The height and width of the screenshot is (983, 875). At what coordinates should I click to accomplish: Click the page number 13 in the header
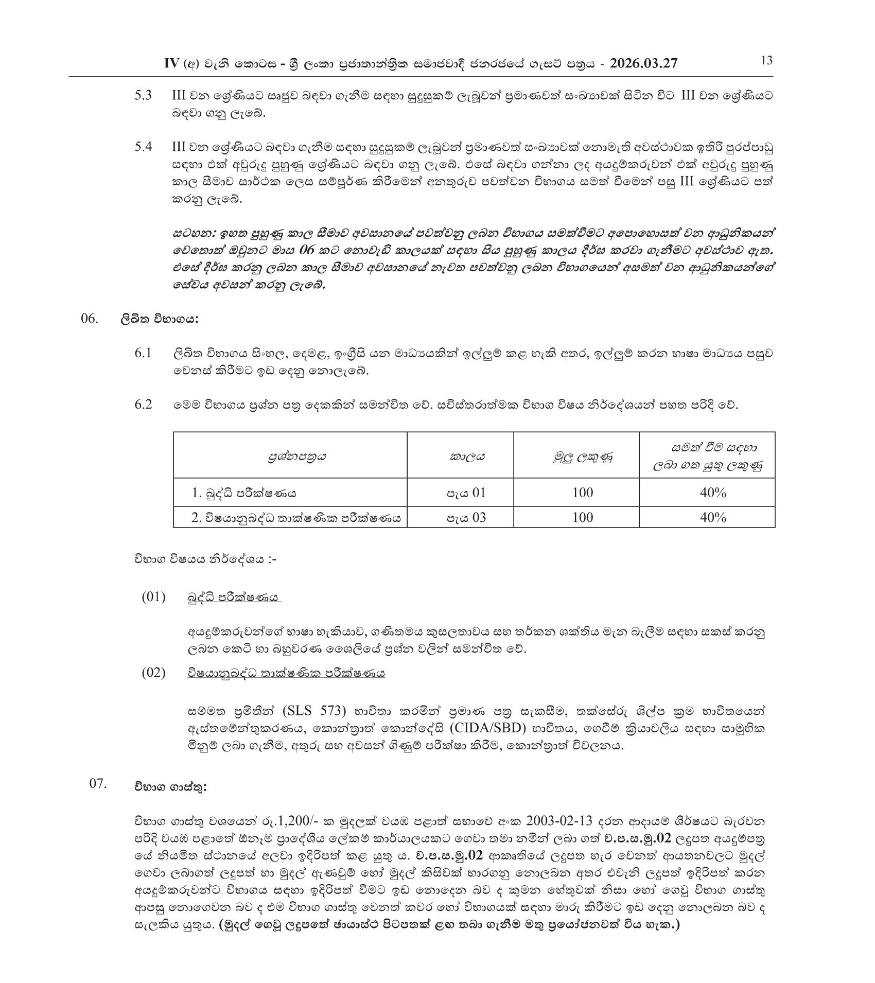(x=766, y=61)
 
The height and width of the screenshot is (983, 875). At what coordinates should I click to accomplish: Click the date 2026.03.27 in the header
(x=643, y=63)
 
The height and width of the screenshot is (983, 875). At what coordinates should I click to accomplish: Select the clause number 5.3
(x=143, y=96)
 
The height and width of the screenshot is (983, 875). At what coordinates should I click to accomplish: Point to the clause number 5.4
(x=143, y=147)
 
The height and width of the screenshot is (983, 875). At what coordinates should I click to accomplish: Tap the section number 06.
(x=89, y=319)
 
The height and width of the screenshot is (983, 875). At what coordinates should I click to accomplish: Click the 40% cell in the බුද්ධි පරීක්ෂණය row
(x=712, y=493)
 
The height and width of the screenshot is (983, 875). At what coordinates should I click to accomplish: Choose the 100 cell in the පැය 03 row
(x=583, y=517)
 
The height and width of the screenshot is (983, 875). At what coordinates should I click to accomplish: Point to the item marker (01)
(x=153, y=597)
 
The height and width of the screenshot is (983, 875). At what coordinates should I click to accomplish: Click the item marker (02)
(x=153, y=673)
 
